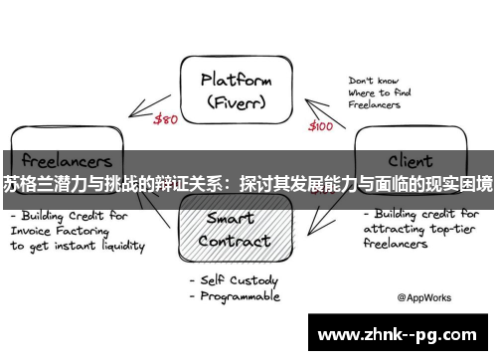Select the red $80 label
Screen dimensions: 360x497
pos(167,120)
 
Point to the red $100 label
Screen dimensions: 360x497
pos(320,126)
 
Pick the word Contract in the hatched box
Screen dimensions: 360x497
pos(235,241)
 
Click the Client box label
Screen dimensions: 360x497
pos(410,160)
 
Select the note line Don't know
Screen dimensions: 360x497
pos(374,81)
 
